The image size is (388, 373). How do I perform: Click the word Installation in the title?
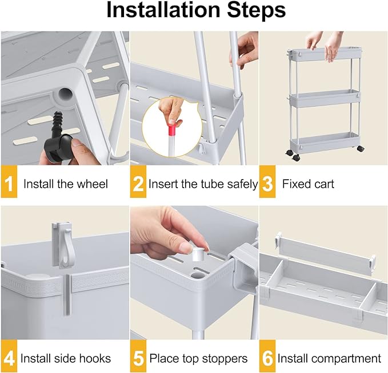click(x=163, y=10)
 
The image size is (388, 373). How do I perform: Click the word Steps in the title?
click(x=256, y=11)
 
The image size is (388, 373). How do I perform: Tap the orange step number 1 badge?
click(x=9, y=181)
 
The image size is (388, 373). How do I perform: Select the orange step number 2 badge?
click(x=138, y=181)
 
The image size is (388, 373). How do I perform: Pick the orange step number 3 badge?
click(x=267, y=181)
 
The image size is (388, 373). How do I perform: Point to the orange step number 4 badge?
click(x=9, y=356)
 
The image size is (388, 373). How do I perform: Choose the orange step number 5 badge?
click(x=138, y=356)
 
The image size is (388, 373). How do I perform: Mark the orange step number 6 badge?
click(x=267, y=356)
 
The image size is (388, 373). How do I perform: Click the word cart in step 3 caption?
click(x=323, y=184)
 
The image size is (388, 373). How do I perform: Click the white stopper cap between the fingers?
click(x=198, y=254)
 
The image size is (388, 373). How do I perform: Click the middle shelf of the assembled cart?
click(x=325, y=99)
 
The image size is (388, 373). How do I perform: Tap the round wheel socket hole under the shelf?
click(x=66, y=95)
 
